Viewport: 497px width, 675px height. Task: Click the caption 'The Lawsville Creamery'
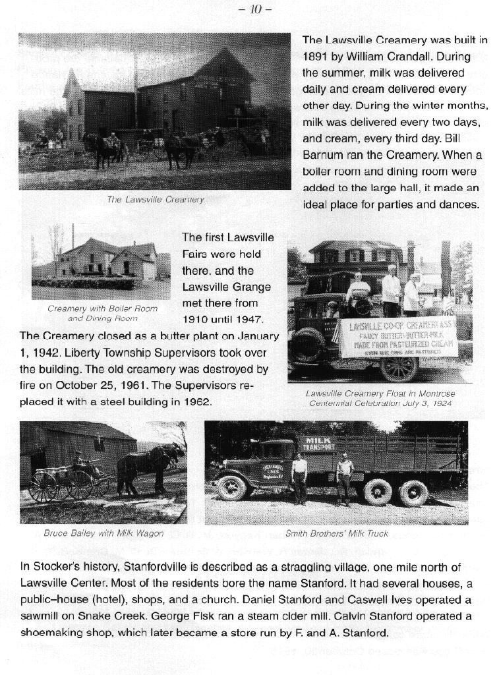156,199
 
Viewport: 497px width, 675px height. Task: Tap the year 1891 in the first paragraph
316,56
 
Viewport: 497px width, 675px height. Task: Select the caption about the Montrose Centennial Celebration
380,398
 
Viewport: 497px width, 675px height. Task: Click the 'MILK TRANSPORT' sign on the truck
319,443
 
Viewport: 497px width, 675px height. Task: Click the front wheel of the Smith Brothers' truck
232,488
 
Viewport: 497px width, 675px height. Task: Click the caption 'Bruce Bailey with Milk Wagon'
103,533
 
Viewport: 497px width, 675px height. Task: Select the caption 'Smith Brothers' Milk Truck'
337,533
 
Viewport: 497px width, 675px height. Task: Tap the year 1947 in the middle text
247,320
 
